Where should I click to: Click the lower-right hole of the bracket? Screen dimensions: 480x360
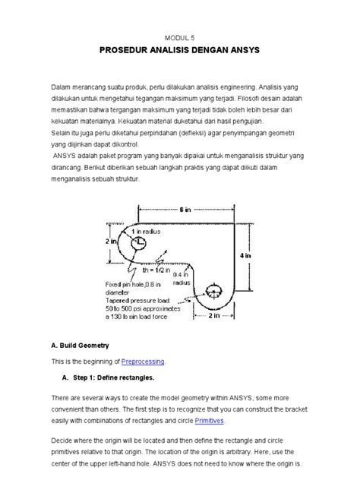pyautogui.click(x=213, y=293)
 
